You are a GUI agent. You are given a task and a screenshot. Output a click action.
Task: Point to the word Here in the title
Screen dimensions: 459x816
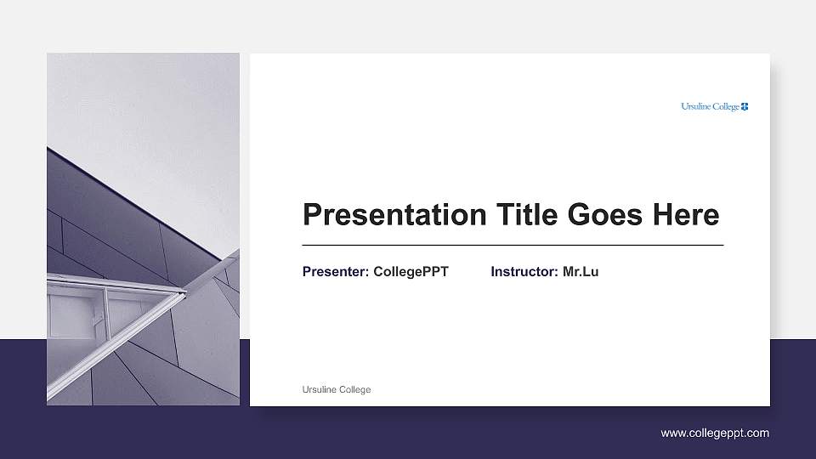coord(685,215)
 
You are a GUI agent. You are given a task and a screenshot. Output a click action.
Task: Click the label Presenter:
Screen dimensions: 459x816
coord(336,272)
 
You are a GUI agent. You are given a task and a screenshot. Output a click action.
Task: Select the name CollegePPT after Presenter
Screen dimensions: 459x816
coord(411,272)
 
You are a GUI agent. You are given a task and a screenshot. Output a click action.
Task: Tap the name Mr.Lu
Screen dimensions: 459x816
coord(581,272)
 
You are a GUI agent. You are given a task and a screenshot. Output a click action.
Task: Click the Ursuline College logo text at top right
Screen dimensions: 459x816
coord(711,106)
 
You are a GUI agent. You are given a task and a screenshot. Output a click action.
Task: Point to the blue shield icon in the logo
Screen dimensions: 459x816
coord(745,106)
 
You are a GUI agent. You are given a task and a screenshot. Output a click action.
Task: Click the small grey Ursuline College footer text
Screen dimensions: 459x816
coord(337,389)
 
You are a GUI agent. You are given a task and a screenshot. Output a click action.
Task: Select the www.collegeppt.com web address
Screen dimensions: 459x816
coord(715,433)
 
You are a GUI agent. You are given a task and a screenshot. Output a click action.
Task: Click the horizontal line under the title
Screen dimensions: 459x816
coord(513,245)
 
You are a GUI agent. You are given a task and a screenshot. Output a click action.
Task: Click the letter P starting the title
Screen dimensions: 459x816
coord(311,215)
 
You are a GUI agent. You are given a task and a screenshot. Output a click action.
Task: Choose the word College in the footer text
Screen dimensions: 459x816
coord(354,389)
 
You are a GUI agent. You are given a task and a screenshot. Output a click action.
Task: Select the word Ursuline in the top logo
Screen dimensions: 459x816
coord(697,106)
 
